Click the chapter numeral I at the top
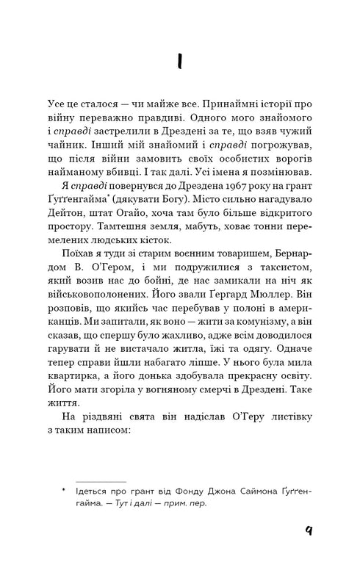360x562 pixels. (179, 63)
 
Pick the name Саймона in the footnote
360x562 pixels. (234, 490)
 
